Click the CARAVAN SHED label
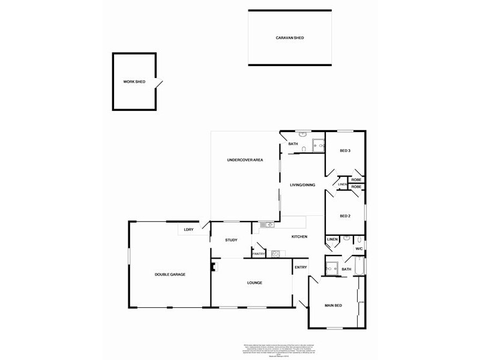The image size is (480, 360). [x=290, y=38]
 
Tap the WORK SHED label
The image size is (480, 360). [x=134, y=82]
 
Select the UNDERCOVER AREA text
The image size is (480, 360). [x=245, y=160]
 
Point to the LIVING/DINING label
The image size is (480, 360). [x=302, y=185]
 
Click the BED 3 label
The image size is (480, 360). [x=344, y=151]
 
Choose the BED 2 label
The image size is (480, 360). [x=344, y=216]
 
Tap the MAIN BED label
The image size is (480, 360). [x=334, y=306]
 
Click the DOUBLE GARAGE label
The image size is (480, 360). [x=170, y=274]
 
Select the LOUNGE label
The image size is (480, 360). [x=255, y=283]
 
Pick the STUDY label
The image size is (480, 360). [x=232, y=240]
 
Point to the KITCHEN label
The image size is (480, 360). [x=299, y=236]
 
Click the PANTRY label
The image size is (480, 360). [x=259, y=254]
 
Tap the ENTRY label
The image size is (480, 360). [x=301, y=267]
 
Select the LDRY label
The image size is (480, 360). [x=188, y=230]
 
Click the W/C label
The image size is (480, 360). [x=359, y=248]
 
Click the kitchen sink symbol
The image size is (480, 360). [x=268, y=225]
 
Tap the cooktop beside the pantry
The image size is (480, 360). [x=275, y=253]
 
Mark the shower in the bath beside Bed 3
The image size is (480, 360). [x=319, y=144]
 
